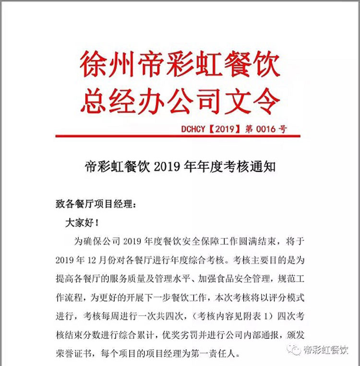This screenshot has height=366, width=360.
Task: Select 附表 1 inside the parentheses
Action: pyautogui.click(x=245, y=315)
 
